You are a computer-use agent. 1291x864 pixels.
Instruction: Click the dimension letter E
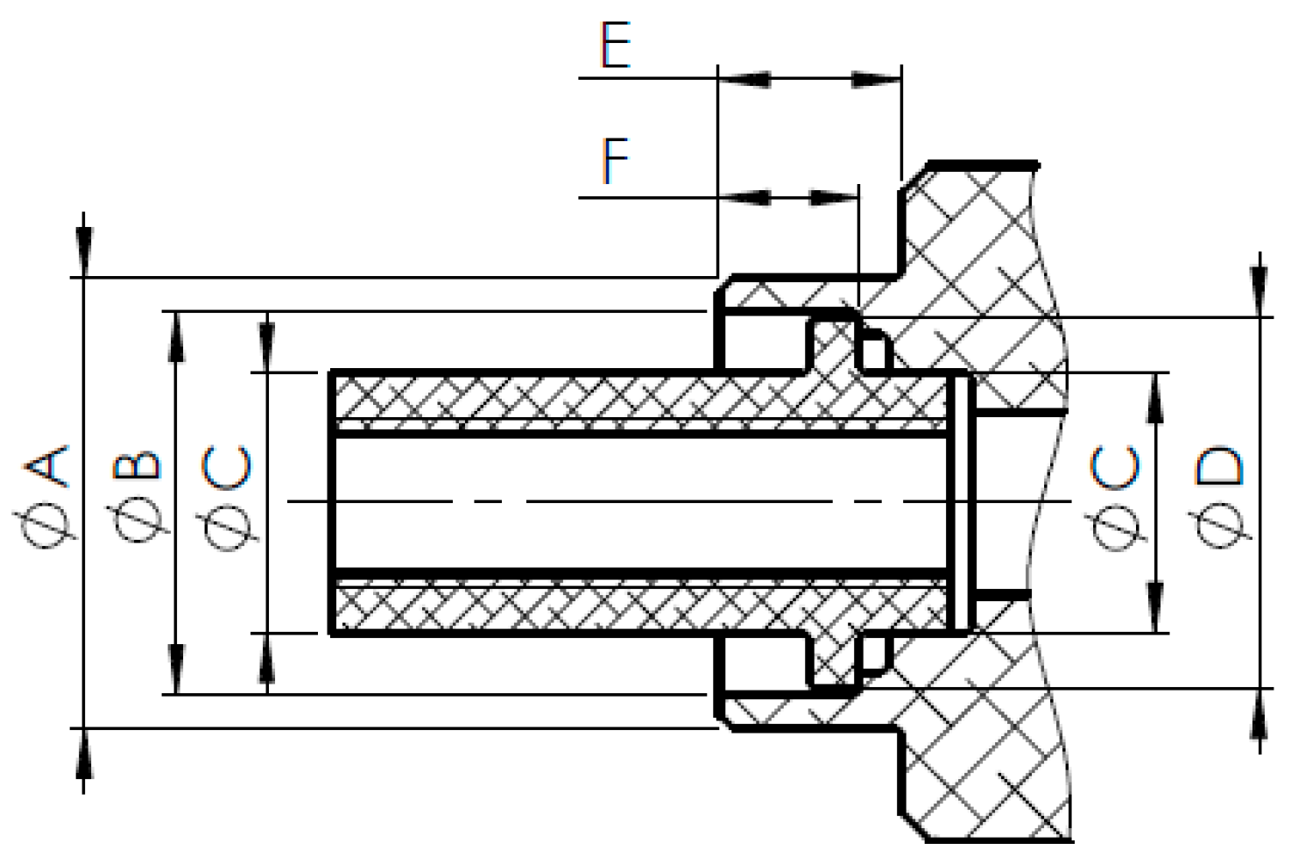pos(615,46)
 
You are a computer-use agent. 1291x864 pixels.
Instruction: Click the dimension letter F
pos(615,161)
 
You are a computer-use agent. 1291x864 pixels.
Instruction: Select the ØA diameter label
pos(46,496)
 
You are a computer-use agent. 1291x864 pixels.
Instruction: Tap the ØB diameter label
pos(138,496)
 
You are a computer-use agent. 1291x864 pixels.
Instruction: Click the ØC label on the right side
pos(1116,496)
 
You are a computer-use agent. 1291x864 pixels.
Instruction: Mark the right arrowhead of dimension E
pos(877,80)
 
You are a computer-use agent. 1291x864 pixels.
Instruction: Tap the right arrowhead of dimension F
pos(832,198)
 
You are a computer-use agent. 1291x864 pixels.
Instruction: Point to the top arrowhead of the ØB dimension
pos(176,337)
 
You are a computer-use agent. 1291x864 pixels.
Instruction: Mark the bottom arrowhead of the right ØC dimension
pos(1156,605)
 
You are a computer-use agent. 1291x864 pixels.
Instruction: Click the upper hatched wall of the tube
pos(613,399)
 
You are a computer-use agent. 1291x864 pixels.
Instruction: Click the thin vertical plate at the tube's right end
pos(962,502)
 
